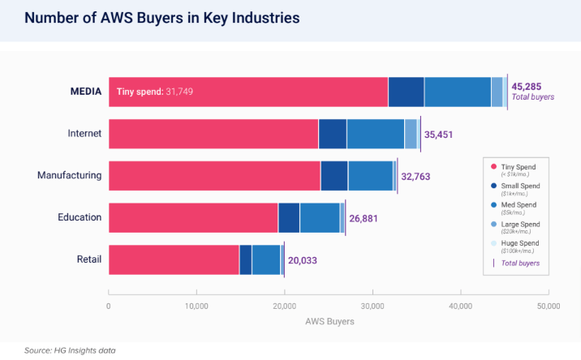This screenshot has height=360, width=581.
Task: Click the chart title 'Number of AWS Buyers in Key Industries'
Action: [x=151, y=17]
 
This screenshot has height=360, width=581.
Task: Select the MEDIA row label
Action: [x=85, y=92]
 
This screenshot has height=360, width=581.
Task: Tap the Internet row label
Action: [x=84, y=133]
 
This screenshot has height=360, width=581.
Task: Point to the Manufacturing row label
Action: [x=70, y=175]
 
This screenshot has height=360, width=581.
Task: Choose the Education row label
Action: [x=80, y=217]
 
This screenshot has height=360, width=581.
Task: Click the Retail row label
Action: [x=88, y=259]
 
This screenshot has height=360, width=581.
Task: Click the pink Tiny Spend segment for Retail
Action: [x=174, y=259]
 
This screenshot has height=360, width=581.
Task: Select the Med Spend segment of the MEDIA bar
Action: [x=457, y=92]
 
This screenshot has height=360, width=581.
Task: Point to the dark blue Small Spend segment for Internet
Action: [x=332, y=133]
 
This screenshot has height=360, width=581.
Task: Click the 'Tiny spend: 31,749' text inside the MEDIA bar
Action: [x=155, y=92]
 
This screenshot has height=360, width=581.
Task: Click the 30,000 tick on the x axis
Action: [x=372, y=306]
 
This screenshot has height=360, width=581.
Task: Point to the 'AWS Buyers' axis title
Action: [x=328, y=321]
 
